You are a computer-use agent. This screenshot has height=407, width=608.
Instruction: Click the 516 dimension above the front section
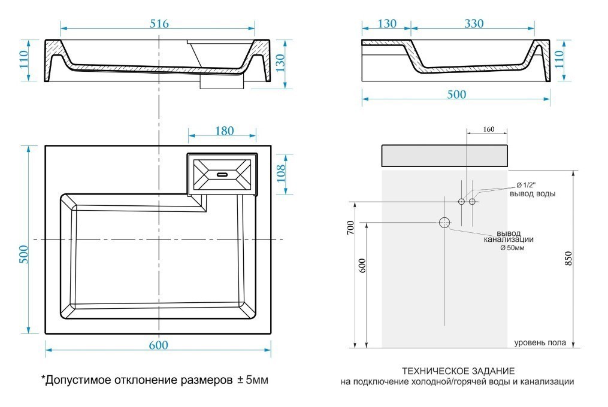(x=158, y=23)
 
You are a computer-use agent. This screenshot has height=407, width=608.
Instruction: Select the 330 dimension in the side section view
(x=473, y=23)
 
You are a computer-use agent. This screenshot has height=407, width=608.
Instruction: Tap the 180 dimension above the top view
(x=223, y=130)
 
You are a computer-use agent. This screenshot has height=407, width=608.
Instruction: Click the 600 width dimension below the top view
(x=158, y=345)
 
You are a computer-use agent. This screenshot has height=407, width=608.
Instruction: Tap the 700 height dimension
(x=351, y=227)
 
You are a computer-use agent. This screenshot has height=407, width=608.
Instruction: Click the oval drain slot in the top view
(x=222, y=175)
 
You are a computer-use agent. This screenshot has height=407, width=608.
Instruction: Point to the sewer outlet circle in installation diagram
(x=444, y=223)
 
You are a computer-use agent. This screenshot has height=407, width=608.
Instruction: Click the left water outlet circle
(x=461, y=202)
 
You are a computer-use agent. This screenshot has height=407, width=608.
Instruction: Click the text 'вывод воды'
(x=532, y=193)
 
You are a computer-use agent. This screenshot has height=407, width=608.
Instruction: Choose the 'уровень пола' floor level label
(x=540, y=343)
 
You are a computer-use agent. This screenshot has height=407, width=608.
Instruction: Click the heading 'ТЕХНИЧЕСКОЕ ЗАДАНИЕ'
(x=458, y=371)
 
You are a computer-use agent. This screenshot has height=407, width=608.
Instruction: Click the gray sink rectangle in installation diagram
(x=444, y=155)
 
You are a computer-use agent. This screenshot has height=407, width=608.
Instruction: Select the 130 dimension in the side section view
(x=387, y=23)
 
